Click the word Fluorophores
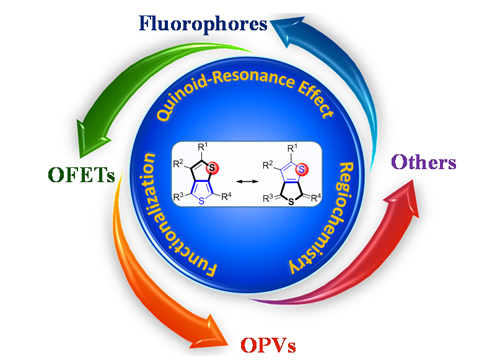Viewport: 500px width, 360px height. (x=203, y=24)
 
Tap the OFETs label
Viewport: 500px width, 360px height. (x=82, y=174)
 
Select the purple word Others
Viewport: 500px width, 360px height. (x=424, y=162)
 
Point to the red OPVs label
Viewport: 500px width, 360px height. (x=268, y=345)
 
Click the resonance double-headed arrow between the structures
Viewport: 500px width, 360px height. (x=247, y=181)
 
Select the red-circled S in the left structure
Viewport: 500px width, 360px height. (x=212, y=167)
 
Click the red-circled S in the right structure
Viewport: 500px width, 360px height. (x=302, y=169)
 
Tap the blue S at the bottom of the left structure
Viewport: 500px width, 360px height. (x=201, y=201)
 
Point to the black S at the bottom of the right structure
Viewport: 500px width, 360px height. (x=291, y=202)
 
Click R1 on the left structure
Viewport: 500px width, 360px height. (x=202, y=147)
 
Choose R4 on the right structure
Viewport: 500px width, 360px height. (x=316, y=198)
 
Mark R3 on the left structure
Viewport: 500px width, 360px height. (x=179, y=197)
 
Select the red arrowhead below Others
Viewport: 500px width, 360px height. (x=402, y=197)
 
